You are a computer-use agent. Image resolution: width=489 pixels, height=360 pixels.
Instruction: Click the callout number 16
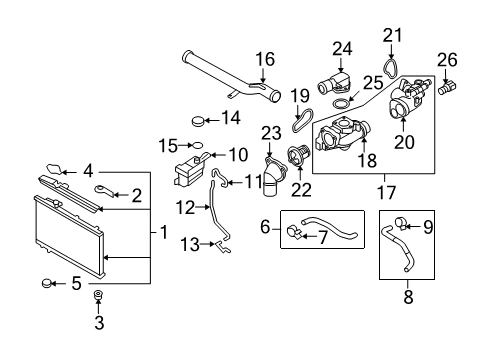point(265,59)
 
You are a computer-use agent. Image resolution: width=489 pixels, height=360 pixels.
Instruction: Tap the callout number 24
point(342,49)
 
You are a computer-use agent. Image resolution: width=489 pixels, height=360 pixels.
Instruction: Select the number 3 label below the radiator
point(99,322)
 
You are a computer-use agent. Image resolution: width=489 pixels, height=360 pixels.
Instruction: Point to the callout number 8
point(408,296)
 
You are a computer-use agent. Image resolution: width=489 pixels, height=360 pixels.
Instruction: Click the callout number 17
point(386,192)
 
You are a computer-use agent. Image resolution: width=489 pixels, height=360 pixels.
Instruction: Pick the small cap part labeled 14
point(198,122)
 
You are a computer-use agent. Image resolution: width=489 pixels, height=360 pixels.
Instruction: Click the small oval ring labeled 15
point(198,145)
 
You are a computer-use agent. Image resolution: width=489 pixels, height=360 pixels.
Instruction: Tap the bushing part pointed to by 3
point(98,295)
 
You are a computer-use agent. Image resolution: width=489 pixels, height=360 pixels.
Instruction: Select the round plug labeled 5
point(46,283)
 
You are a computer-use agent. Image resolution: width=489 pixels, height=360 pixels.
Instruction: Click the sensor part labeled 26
point(447,88)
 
